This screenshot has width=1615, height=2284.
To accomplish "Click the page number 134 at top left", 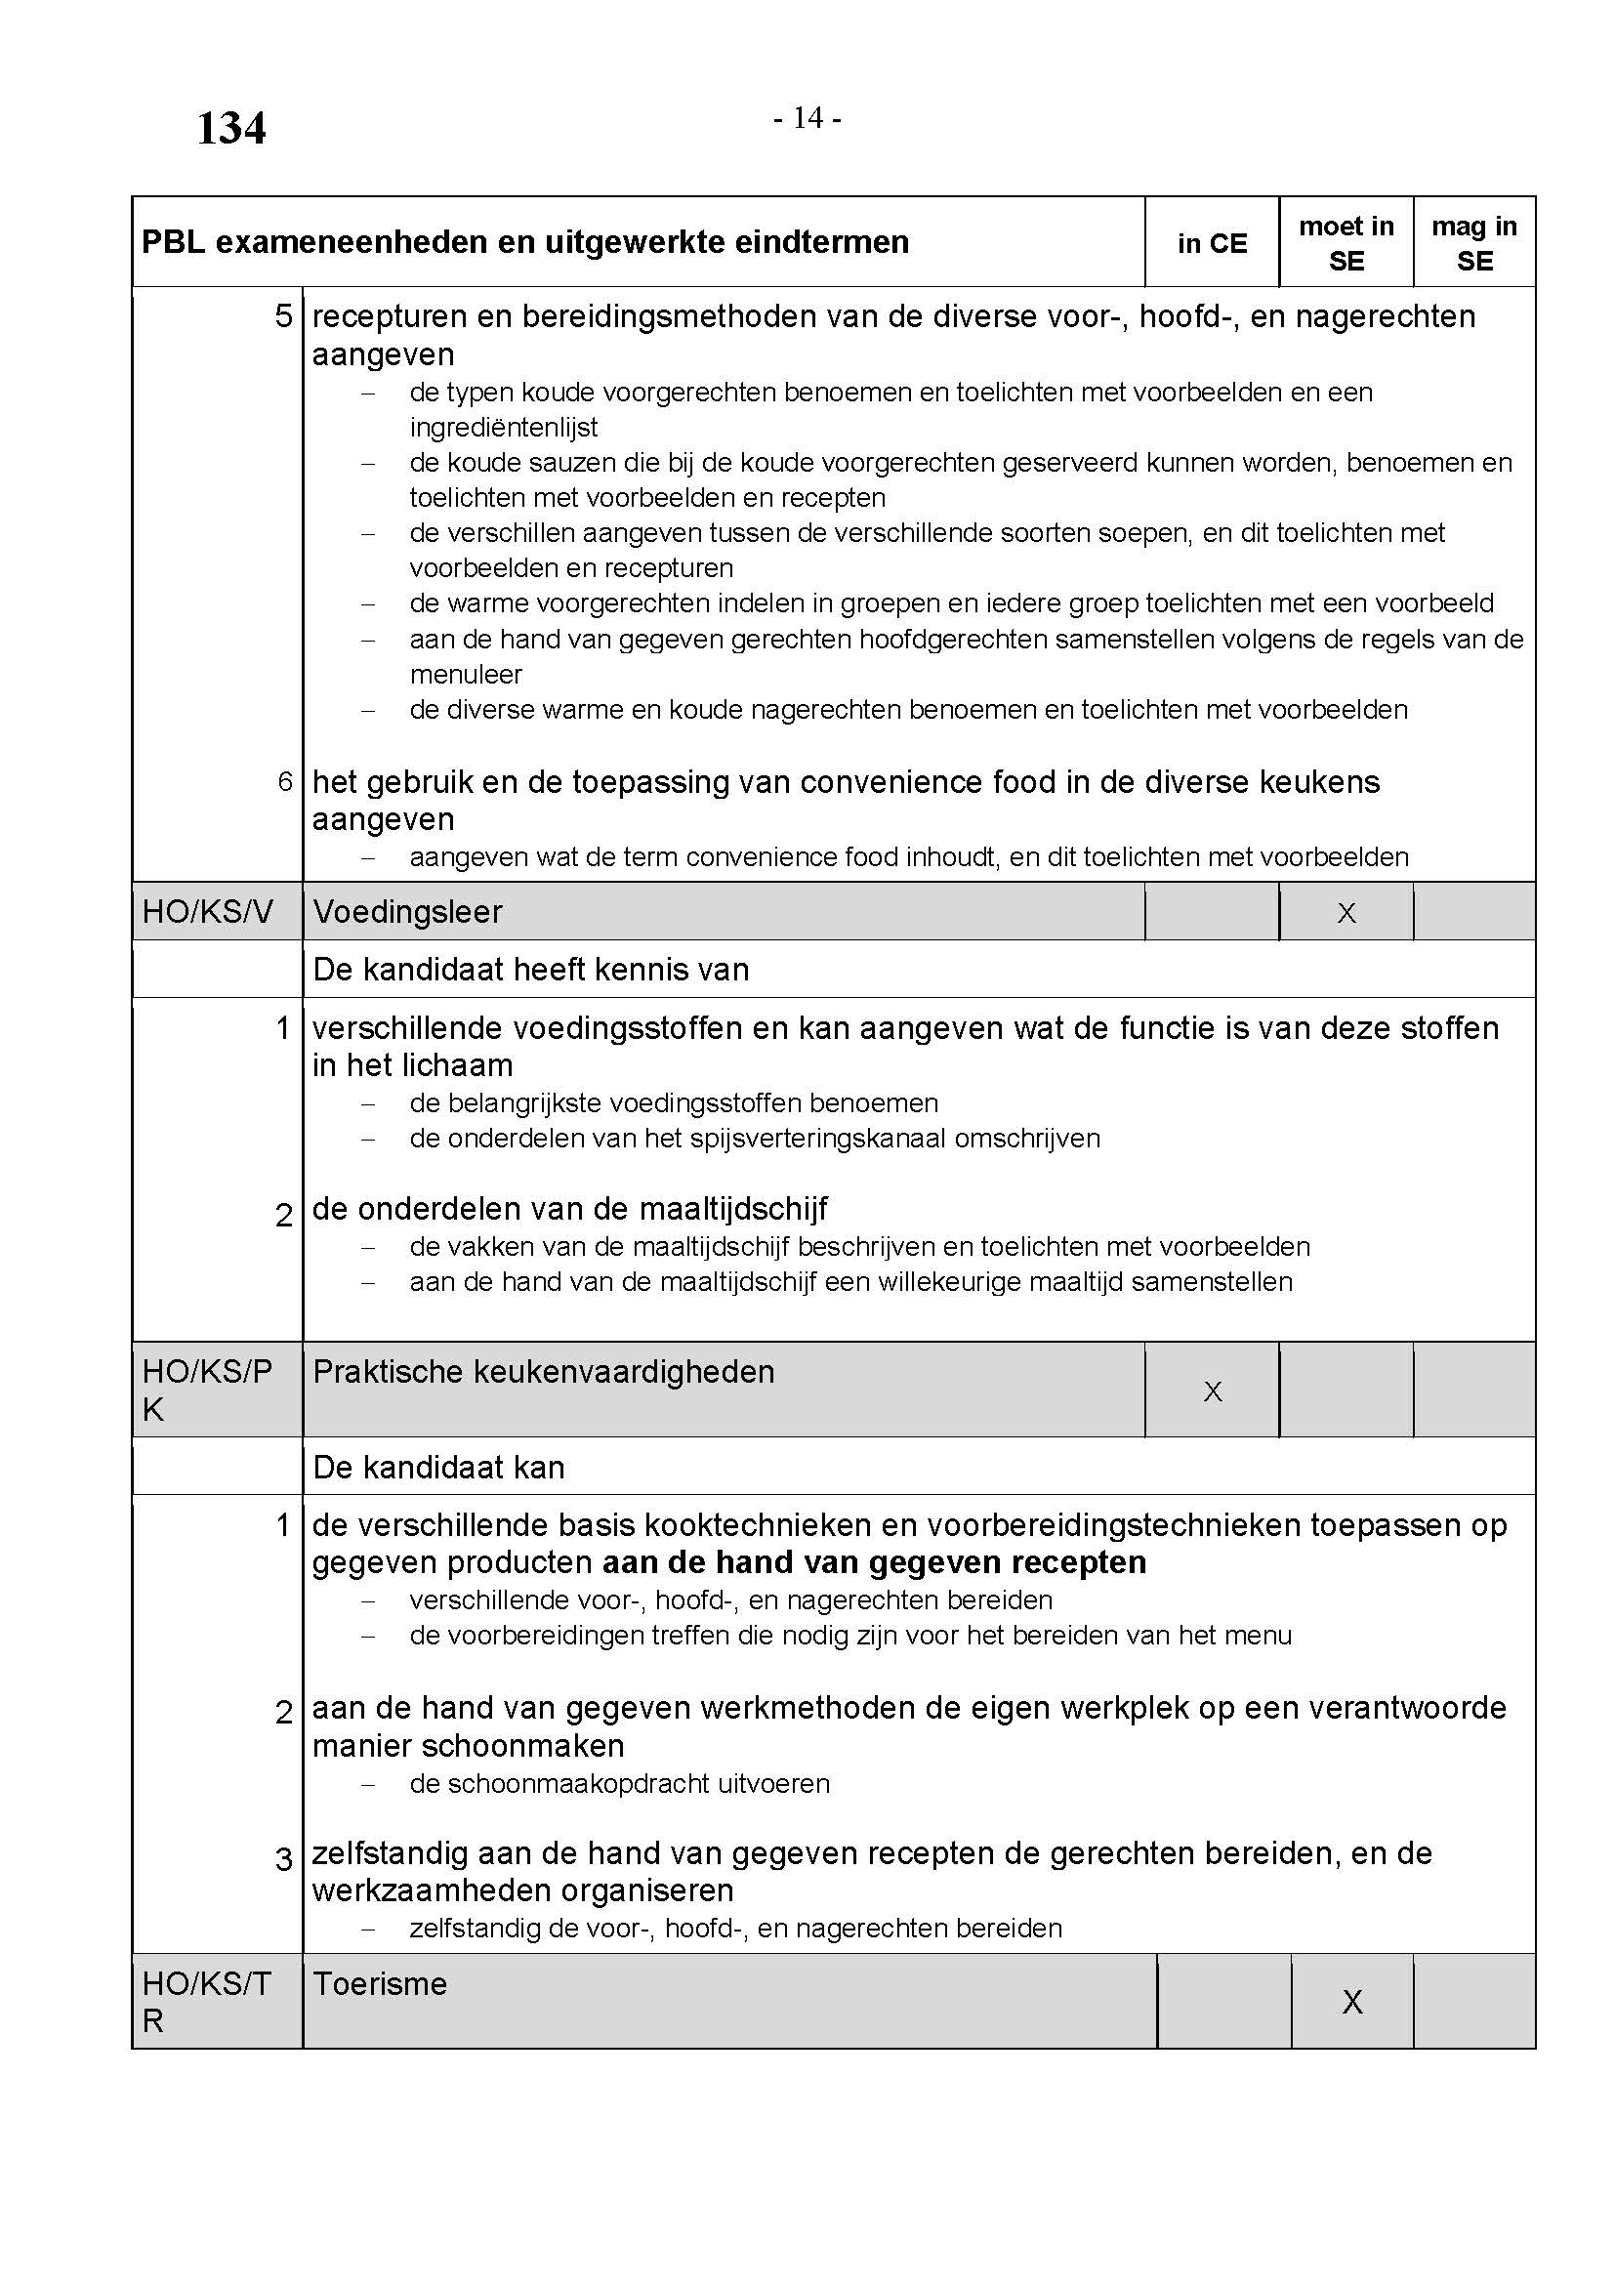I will pyautogui.click(x=230, y=129).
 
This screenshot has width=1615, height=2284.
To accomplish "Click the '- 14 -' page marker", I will pyautogui.click(x=807, y=118).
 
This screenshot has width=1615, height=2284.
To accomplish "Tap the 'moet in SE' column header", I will pyautogui.click(x=1346, y=244).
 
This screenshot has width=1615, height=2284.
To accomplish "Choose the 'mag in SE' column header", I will pyautogui.click(x=1473, y=244).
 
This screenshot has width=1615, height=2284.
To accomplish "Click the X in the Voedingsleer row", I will pyautogui.click(x=1346, y=913).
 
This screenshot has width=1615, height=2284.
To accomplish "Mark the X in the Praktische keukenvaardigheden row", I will pyautogui.click(x=1213, y=1391).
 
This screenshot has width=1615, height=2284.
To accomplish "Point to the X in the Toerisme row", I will pyautogui.click(x=1351, y=2002).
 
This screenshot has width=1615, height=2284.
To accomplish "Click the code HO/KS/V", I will pyautogui.click(x=207, y=912).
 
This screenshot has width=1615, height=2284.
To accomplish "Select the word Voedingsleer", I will pyautogui.click(x=408, y=912).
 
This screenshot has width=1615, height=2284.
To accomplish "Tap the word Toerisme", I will pyautogui.click(x=380, y=1983).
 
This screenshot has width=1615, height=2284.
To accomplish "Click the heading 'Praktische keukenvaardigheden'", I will pyautogui.click(x=543, y=1372).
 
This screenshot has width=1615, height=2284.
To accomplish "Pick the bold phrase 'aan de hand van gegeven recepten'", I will pyautogui.click(x=874, y=1562).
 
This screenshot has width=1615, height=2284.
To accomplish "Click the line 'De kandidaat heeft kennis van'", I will pyautogui.click(x=530, y=970).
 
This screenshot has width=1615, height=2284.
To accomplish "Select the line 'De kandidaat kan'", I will pyautogui.click(x=438, y=1468).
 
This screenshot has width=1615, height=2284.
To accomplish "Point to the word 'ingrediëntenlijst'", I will pyautogui.click(x=503, y=428).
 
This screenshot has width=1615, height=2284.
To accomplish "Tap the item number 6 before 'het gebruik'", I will pyautogui.click(x=285, y=783).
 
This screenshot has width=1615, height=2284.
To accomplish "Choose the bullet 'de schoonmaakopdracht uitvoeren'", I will pyautogui.click(x=618, y=1784).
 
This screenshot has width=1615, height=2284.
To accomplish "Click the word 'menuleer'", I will pyautogui.click(x=466, y=675).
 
